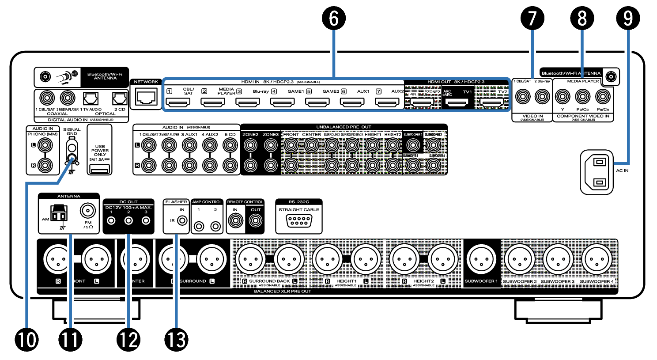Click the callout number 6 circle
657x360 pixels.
point(334,19)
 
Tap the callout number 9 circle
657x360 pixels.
point(628,19)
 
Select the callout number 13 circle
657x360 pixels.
point(176,340)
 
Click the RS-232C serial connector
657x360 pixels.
point(299,221)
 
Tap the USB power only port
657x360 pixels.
point(100,169)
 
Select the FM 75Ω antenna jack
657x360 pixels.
point(87,210)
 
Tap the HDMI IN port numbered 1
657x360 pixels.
point(180,102)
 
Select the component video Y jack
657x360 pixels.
point(563,96)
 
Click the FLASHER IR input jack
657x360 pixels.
point(182,220)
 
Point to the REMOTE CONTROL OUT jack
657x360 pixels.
point(256,220)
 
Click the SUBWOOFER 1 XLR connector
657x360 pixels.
point(481,260)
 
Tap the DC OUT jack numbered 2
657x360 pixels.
point(128,220)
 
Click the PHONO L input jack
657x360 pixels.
point(45,145)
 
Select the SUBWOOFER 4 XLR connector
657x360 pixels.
point(597,260)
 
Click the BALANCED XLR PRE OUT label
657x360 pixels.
point(283,292)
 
